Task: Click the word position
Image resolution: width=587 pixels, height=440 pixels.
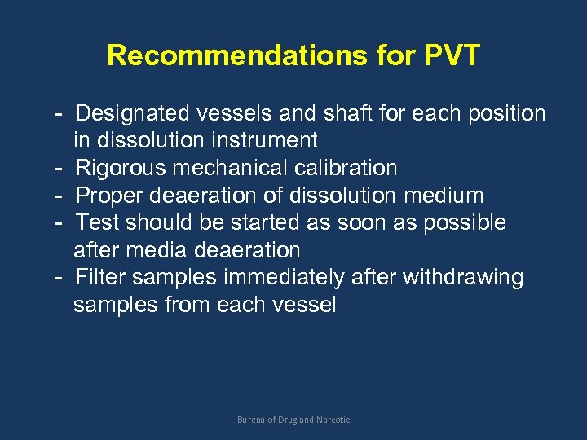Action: pos(506,113)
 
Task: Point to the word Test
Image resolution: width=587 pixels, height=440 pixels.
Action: pos(97,222)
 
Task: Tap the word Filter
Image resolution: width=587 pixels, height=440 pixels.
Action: pos(100,277)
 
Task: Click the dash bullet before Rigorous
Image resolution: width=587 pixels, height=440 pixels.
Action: pos(60,168)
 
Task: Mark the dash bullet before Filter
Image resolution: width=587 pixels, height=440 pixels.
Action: pos(60,277)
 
